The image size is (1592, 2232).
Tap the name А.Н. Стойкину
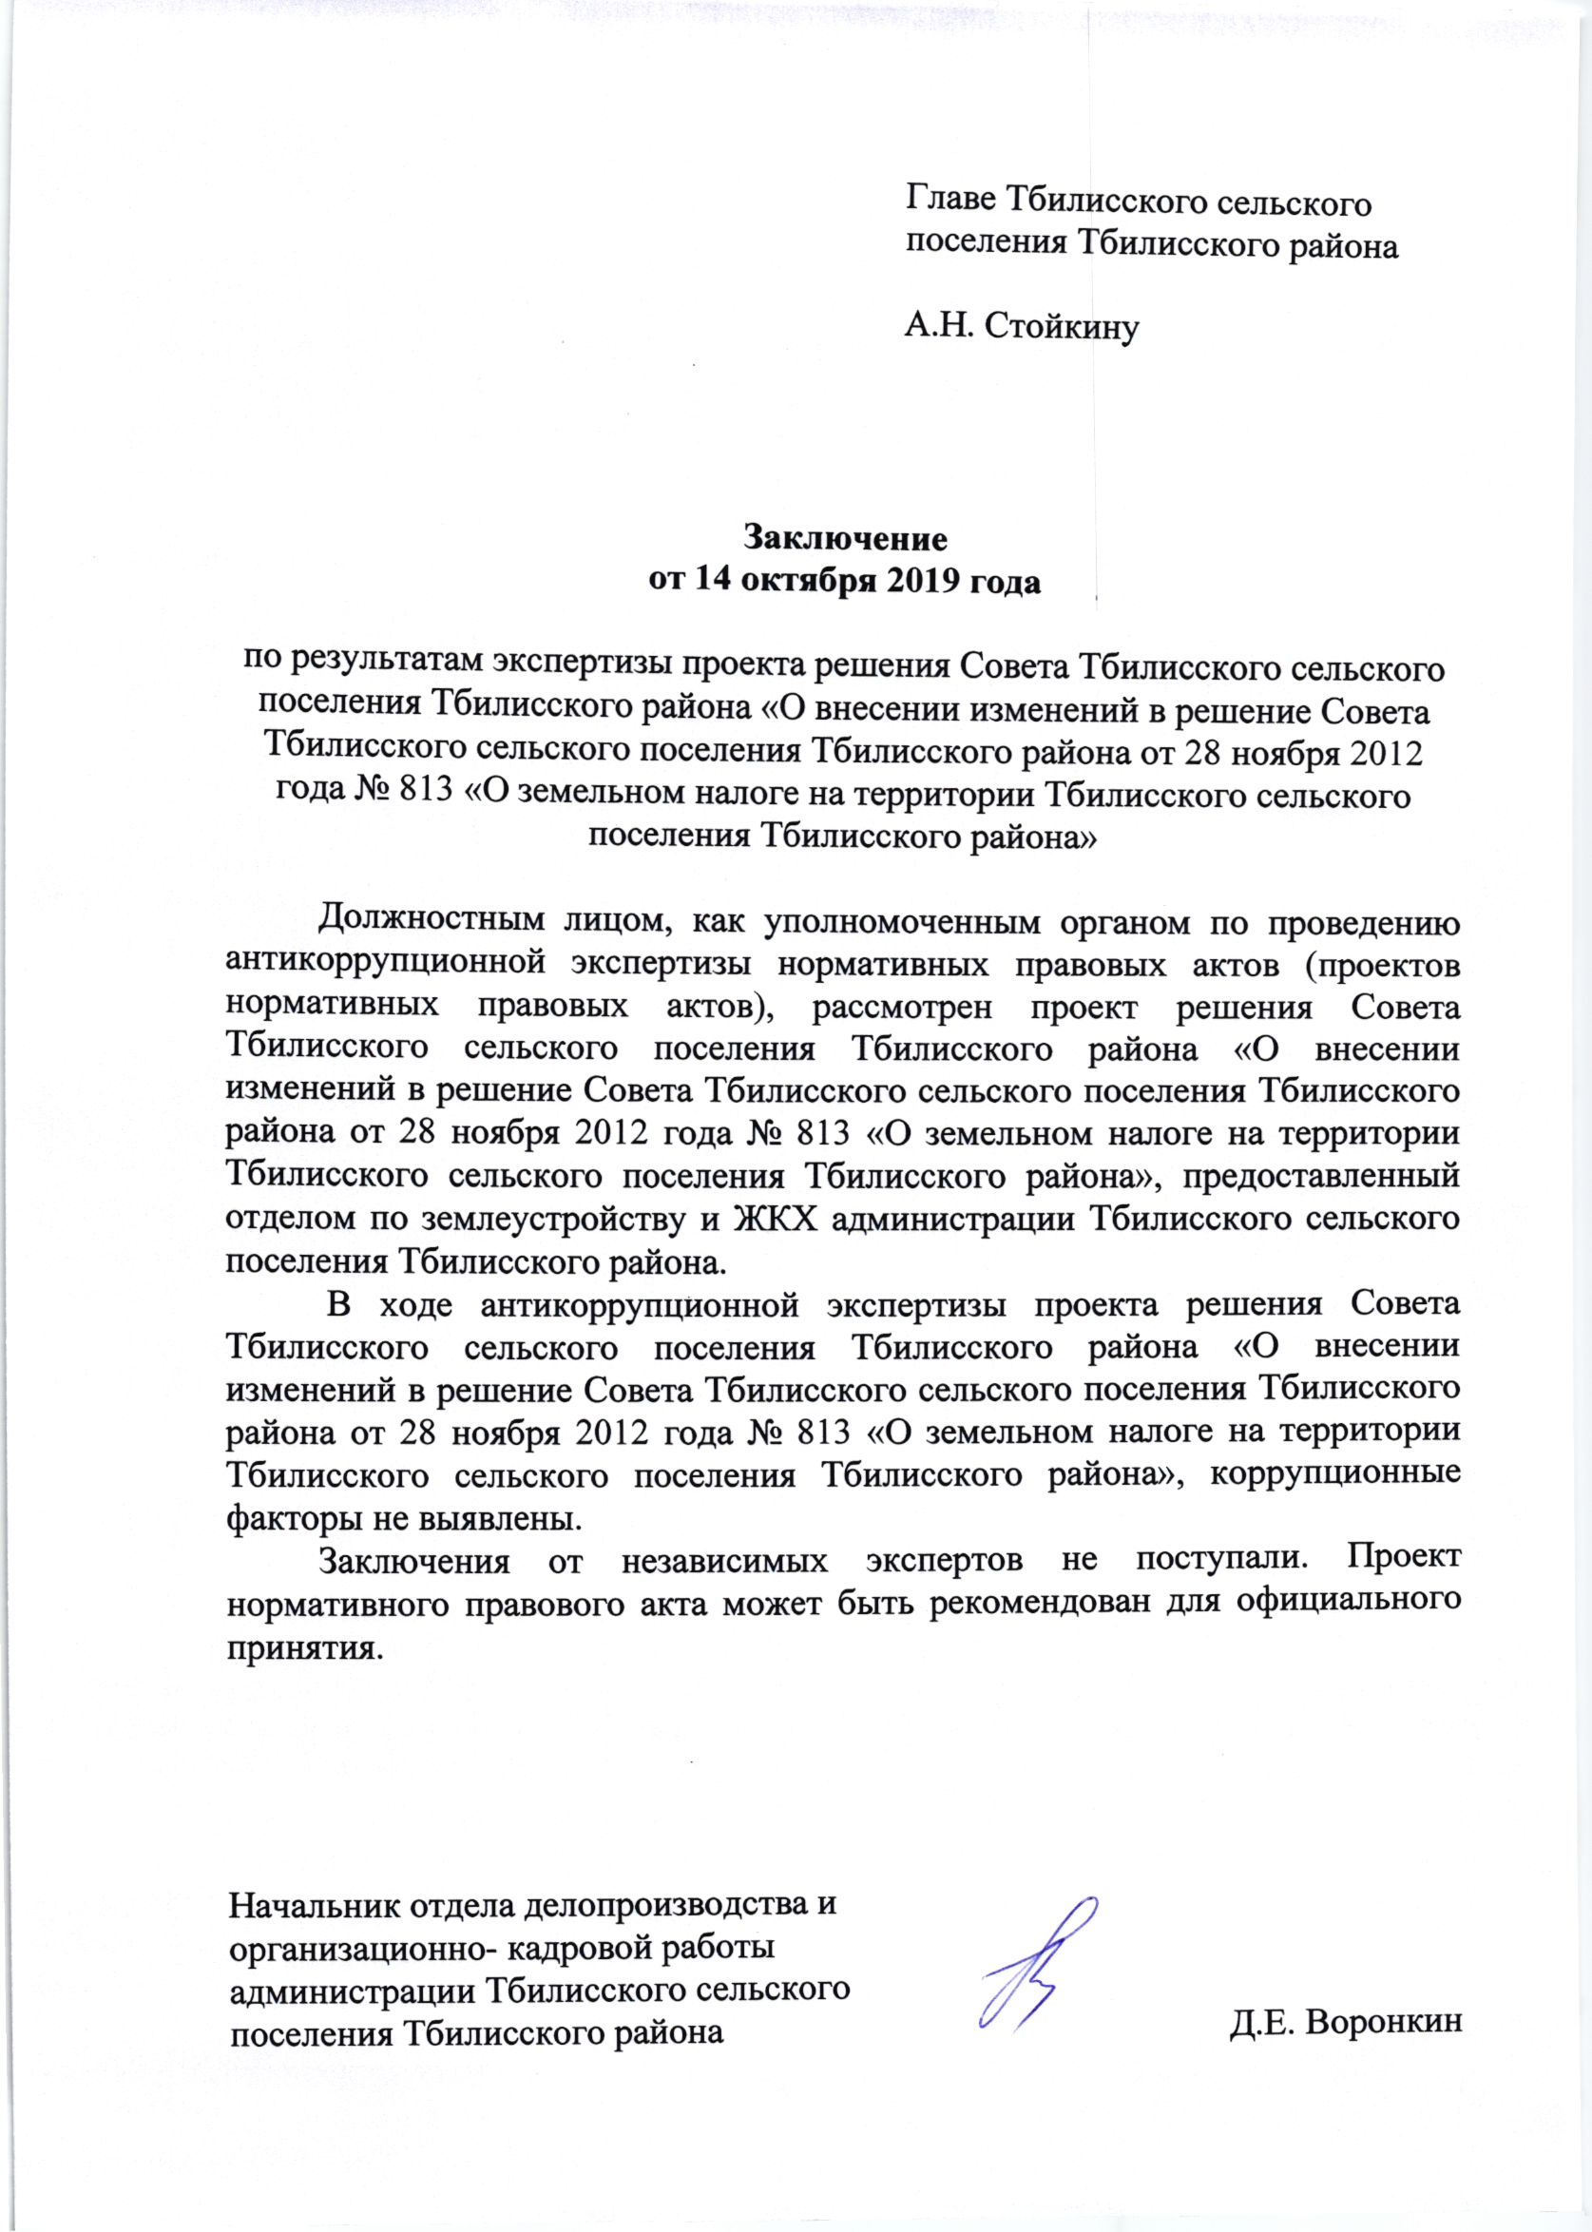1021,326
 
